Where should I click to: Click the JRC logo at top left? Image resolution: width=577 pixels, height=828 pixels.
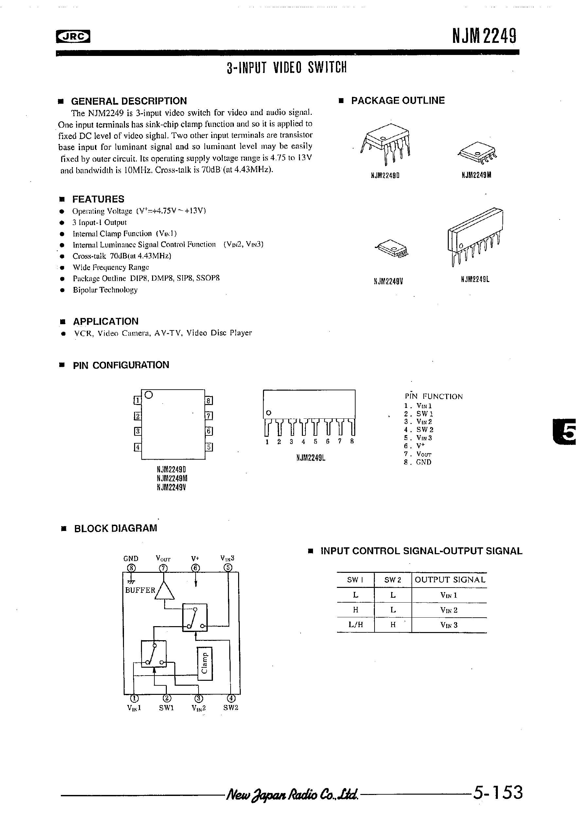(73, 36)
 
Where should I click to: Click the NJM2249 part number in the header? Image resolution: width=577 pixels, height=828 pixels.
(485, 36)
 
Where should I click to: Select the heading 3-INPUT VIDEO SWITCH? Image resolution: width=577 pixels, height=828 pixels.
(286, 67)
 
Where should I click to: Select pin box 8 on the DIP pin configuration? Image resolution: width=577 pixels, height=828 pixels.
(209, 401)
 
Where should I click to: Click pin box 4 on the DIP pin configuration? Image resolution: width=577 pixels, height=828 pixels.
(137, 447)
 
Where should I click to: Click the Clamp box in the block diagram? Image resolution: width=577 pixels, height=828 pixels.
(204, 663)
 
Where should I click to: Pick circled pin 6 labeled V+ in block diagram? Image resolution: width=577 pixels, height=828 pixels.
(196, 568)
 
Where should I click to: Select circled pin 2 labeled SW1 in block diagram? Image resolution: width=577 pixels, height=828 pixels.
(166, 698)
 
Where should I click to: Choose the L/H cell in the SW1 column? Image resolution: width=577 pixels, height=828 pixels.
(356, 625)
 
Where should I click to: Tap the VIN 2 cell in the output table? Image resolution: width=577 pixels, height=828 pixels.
(449, 610)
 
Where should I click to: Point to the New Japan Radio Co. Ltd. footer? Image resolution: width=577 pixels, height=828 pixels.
(292, 794)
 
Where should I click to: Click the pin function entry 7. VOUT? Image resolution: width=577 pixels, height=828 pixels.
(418, 454)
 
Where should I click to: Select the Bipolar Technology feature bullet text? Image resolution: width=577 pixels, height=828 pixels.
(105, 290)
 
